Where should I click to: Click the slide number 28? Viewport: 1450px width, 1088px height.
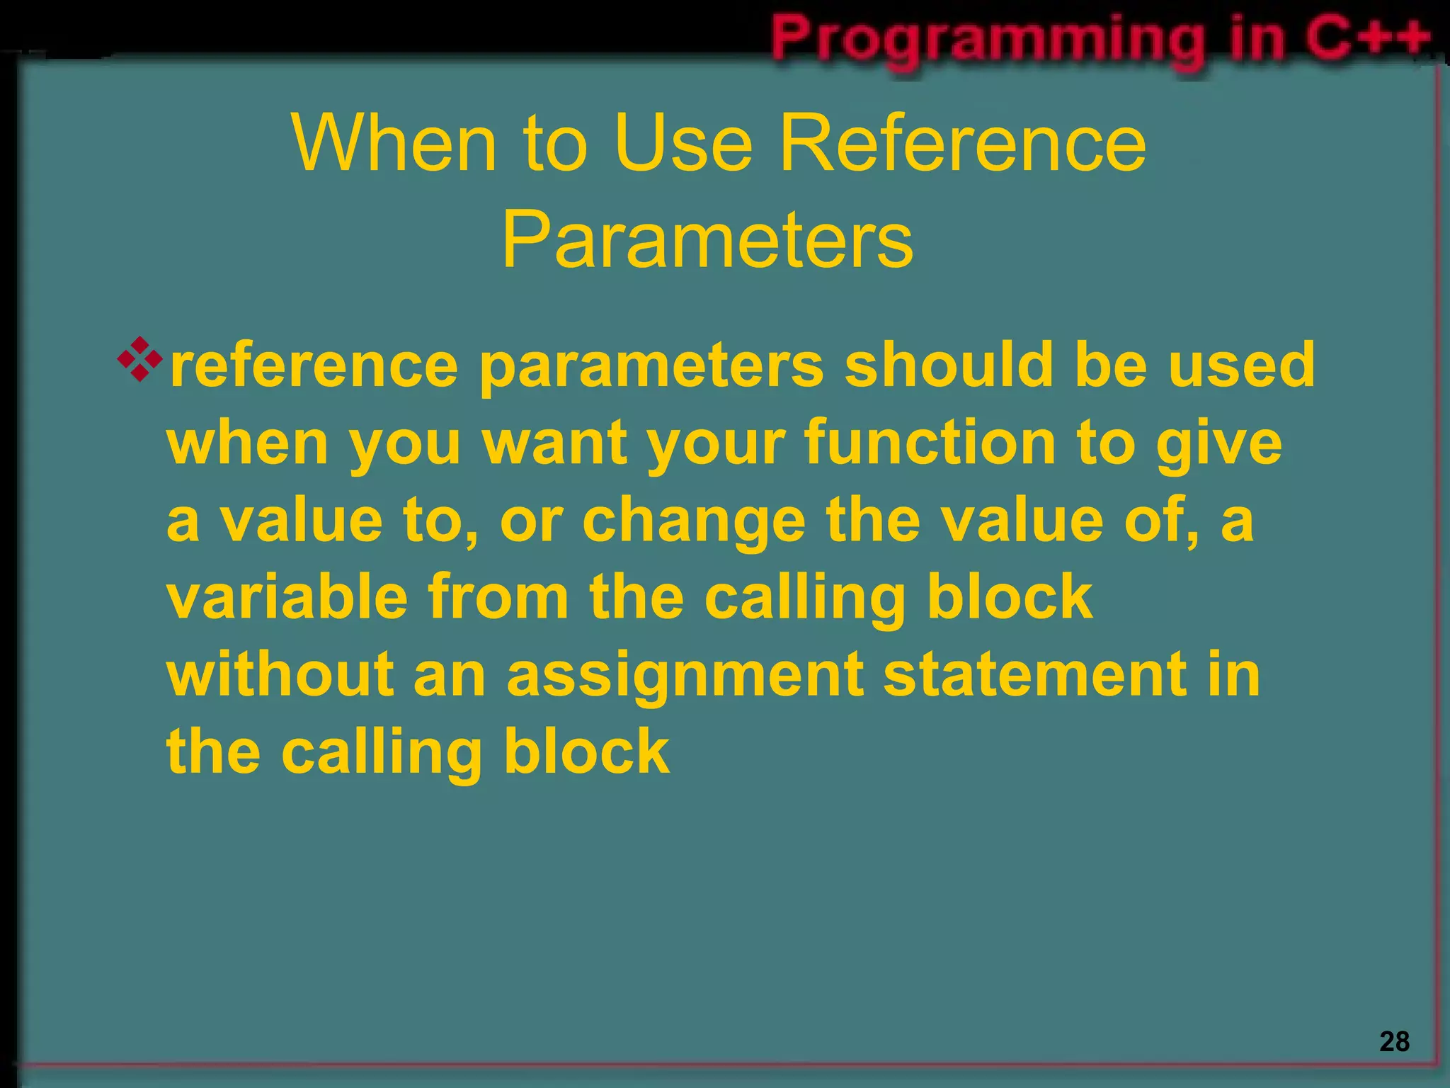[x=1394, y=1041]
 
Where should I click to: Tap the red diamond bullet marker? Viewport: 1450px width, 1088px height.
[x=139, y=360]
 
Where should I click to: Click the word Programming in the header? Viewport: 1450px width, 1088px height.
[x=988, y=38]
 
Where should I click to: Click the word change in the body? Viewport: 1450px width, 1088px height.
[x=694, y=521]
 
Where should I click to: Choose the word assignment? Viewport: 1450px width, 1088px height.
[x=685, y=676]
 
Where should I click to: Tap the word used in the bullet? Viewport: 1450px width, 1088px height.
[x=1241, y=365]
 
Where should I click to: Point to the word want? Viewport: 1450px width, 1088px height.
[x=555, y=443]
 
